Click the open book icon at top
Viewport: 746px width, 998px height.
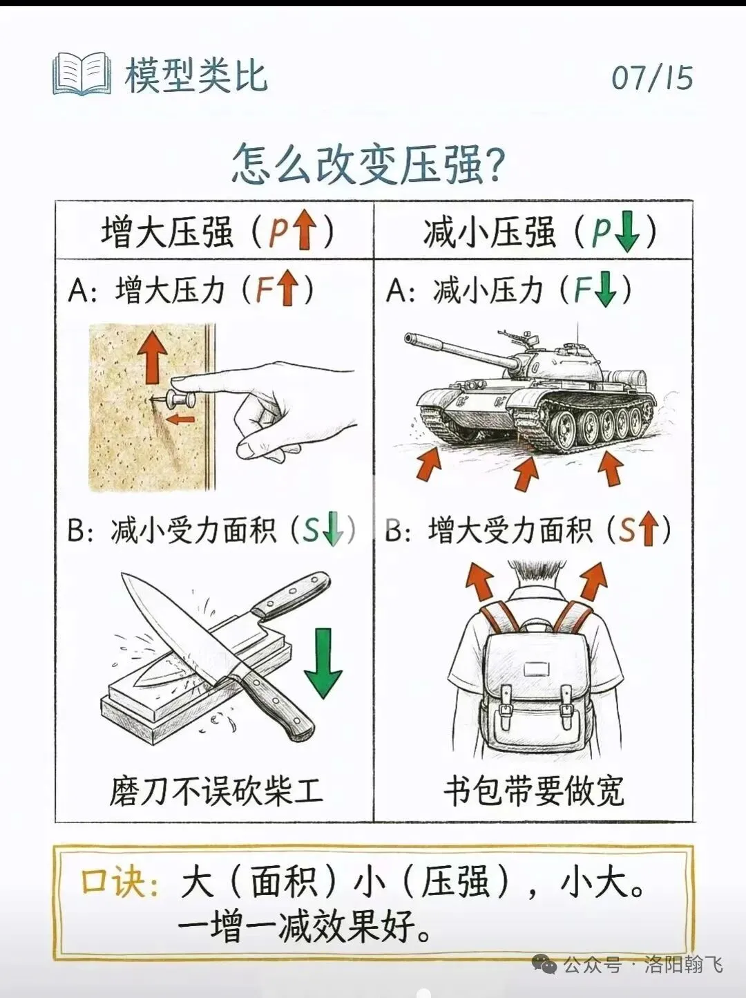pos(82,74)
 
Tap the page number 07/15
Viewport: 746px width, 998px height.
pos(651,77)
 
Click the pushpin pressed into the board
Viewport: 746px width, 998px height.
pos(178,400)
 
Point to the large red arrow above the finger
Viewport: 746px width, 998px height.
pos(152,355)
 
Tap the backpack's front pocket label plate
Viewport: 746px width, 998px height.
pos(536,668)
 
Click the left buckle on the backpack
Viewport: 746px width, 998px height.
pos(506,712)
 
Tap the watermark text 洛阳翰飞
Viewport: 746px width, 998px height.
pos(683,965)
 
